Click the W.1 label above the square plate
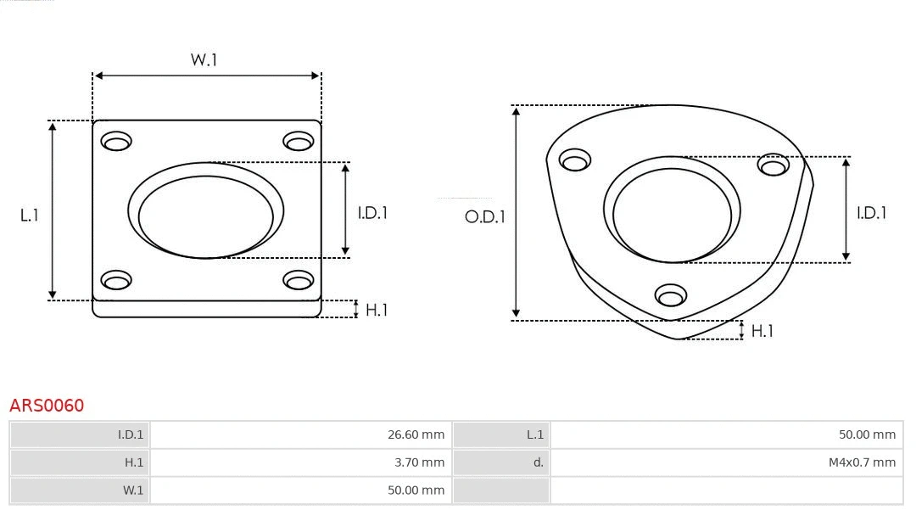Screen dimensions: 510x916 204,60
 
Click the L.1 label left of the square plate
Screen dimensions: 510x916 30,216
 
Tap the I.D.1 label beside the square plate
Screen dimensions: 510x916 371,213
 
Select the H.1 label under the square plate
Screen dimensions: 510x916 376,310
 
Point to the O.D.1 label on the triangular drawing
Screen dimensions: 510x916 484,216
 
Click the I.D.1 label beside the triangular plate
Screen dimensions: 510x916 871,213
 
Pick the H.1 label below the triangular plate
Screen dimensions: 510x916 762,331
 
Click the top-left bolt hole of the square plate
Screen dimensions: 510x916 115,141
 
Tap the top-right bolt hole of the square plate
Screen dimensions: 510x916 299,141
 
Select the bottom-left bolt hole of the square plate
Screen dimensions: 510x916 115,279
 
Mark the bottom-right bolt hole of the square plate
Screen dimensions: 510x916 299,279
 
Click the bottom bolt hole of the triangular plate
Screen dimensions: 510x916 671,295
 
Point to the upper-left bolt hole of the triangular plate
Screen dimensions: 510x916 575,160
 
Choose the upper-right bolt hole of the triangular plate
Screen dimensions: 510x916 774,165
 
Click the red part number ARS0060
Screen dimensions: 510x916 47,406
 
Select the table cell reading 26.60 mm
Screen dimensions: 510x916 416,434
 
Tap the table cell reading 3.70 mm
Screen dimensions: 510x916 419,462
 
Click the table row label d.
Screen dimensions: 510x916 538,462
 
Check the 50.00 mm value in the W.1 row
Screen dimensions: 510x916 416,490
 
